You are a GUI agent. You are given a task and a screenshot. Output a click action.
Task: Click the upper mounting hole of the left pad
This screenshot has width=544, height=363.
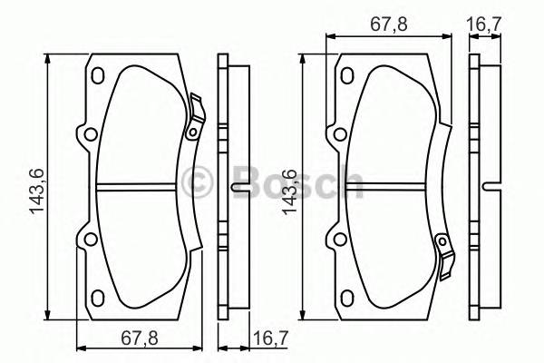89,136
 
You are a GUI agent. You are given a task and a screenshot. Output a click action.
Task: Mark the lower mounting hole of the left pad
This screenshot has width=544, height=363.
89,240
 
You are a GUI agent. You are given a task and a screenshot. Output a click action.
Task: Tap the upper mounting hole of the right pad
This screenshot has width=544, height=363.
339,136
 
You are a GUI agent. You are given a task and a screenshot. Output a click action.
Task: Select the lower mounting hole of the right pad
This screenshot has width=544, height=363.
339,240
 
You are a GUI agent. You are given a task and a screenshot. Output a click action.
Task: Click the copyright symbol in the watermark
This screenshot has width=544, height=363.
198,183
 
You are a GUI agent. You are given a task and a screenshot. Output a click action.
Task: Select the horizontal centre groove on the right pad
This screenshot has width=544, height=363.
389,189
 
